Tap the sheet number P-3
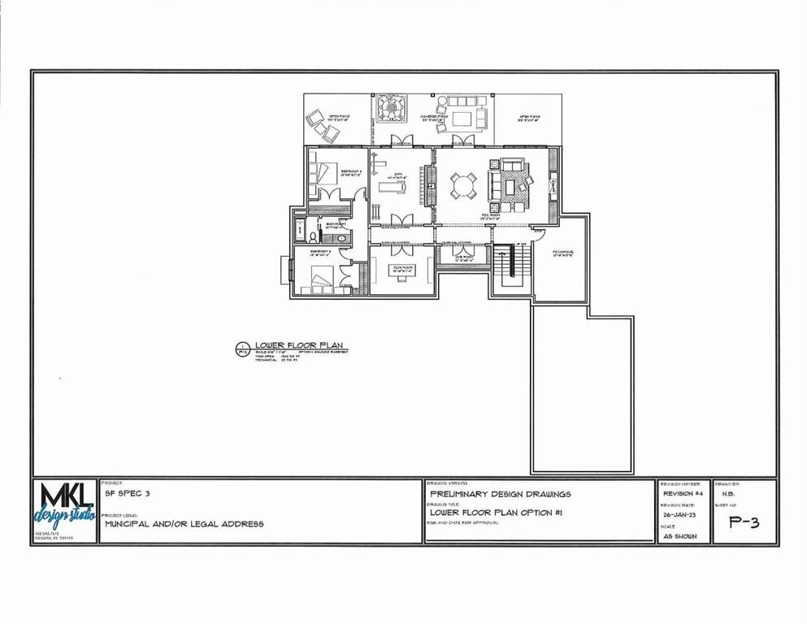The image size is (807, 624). (744, 522)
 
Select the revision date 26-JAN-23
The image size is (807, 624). (679, 514)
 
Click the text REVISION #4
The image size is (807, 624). (683, 493)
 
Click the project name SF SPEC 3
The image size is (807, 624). (128, 493)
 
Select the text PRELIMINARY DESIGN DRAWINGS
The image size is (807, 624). (500, 493)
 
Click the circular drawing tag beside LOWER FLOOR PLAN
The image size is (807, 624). (241, 349)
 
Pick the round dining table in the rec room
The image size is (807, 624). (464, 186)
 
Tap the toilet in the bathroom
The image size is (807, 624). (312, 232)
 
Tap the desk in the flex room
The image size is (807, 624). (402, 275)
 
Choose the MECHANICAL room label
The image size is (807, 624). (563, 252)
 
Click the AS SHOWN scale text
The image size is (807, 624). (679, 536)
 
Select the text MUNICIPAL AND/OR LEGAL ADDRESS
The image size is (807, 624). (184, 524)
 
